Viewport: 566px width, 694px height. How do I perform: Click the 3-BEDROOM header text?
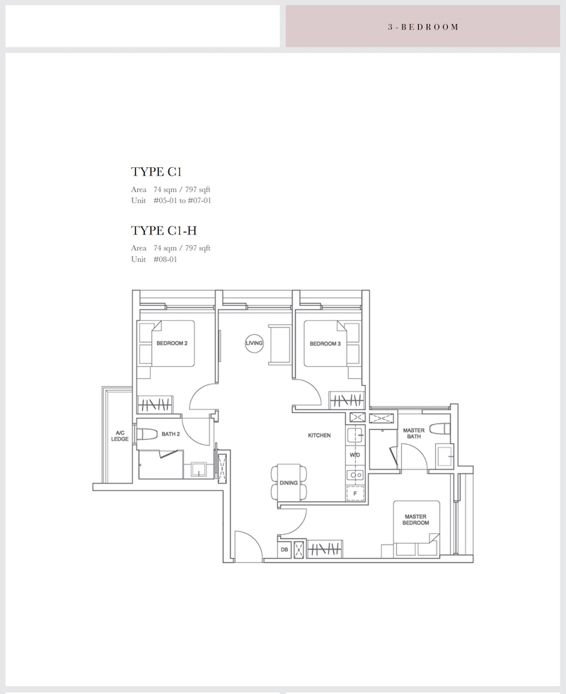tap(423, 27)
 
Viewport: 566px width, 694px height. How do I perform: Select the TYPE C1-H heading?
tap(163, 231)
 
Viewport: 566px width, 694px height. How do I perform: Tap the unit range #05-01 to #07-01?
tap(183, 200)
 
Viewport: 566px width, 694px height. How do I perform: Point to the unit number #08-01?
tap(165, 259)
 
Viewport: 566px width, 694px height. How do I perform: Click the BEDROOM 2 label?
tap(172, 343)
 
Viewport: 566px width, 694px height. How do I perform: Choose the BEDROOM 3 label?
tap(325, 343)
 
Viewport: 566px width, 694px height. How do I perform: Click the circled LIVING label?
tap(254, 343)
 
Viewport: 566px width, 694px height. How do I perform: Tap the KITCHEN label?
tap(319, 436)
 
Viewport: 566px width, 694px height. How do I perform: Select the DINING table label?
tap(289, 483)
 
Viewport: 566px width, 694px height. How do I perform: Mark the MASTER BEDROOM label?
tap(416, 520)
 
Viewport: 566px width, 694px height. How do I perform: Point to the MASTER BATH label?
tap(414, 433)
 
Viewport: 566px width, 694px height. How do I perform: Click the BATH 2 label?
tap(171, 434)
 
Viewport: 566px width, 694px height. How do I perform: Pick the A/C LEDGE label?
tap(120, 436)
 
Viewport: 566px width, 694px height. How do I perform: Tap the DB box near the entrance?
tap(284, 550)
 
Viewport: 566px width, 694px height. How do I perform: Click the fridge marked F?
tap(355, 493)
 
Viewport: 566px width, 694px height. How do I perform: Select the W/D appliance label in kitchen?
tap(355, 455)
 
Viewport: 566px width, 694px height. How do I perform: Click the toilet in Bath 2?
tap(148, 433)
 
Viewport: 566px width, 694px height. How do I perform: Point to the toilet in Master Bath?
tap(440, 428)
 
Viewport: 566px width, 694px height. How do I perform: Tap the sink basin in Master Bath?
tap(444, 455)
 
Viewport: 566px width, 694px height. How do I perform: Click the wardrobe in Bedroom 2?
tap(154, 404)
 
